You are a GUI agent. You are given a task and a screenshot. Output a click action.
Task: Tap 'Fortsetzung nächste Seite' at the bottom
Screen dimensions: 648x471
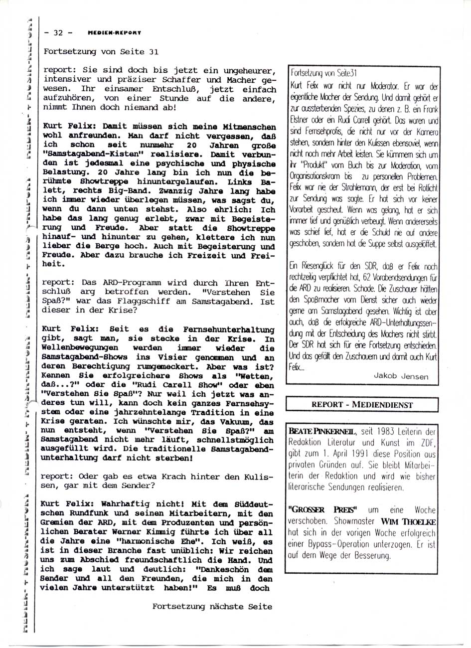212,607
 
